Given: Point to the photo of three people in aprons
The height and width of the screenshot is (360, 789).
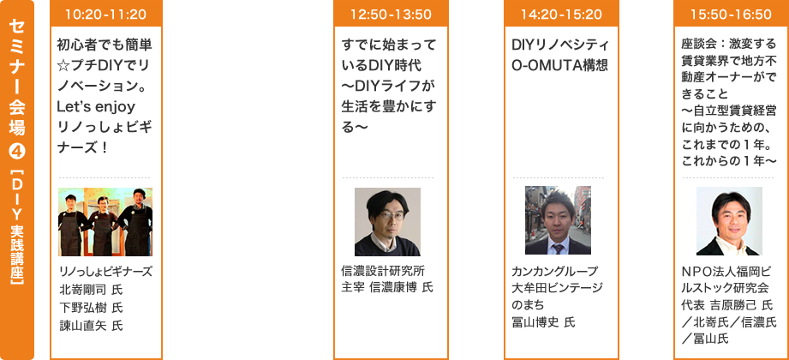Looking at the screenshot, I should [x=105, y=222].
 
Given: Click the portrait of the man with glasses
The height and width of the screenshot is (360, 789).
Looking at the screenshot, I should [x=387, y=222].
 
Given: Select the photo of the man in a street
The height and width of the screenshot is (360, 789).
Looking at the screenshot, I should [x=559, y=222].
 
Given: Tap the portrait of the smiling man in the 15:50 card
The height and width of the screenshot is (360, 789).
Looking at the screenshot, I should [x=729, y=222].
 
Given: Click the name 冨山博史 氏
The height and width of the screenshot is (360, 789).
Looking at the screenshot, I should [x=543, y=321].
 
